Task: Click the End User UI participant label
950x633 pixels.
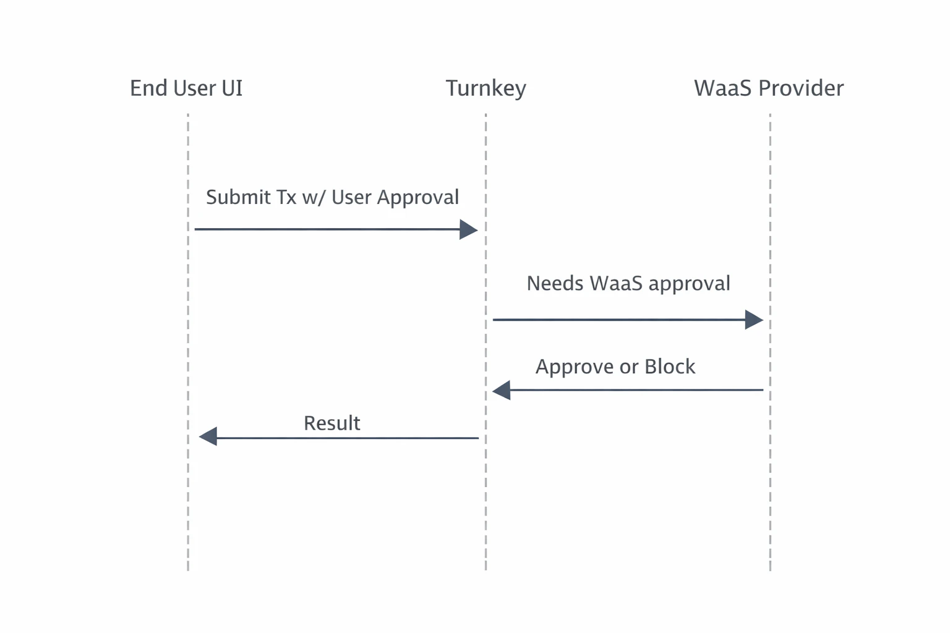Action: click(x=186, y=88)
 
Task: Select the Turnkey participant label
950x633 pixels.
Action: click(x=486, y=88)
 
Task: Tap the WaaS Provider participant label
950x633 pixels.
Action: click(x=768, y=88)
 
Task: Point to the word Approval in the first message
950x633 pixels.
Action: click(x=418, y=198)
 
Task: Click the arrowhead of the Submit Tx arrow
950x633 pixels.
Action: click(x=468, y=230)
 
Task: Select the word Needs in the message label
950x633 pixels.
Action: click(x=555, y=283)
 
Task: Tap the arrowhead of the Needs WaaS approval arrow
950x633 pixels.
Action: click(x=754, y=320)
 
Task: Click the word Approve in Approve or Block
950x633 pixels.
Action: click(x=575, y=367)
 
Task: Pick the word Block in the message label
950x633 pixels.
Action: click(x=670, y=367)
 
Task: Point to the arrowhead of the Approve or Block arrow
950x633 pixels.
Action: click(x=502, y=390)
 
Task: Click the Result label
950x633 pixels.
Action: click(x=332, y=423)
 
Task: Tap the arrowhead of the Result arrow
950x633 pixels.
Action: click(x=208, y=436)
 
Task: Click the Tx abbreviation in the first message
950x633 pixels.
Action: click(x=286, y=197)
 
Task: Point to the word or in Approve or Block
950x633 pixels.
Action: click(x=628, y=367)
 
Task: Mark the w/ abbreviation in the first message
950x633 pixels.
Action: click(x=314, y=198)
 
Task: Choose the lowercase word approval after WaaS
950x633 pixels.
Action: click(x=689, y=284)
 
